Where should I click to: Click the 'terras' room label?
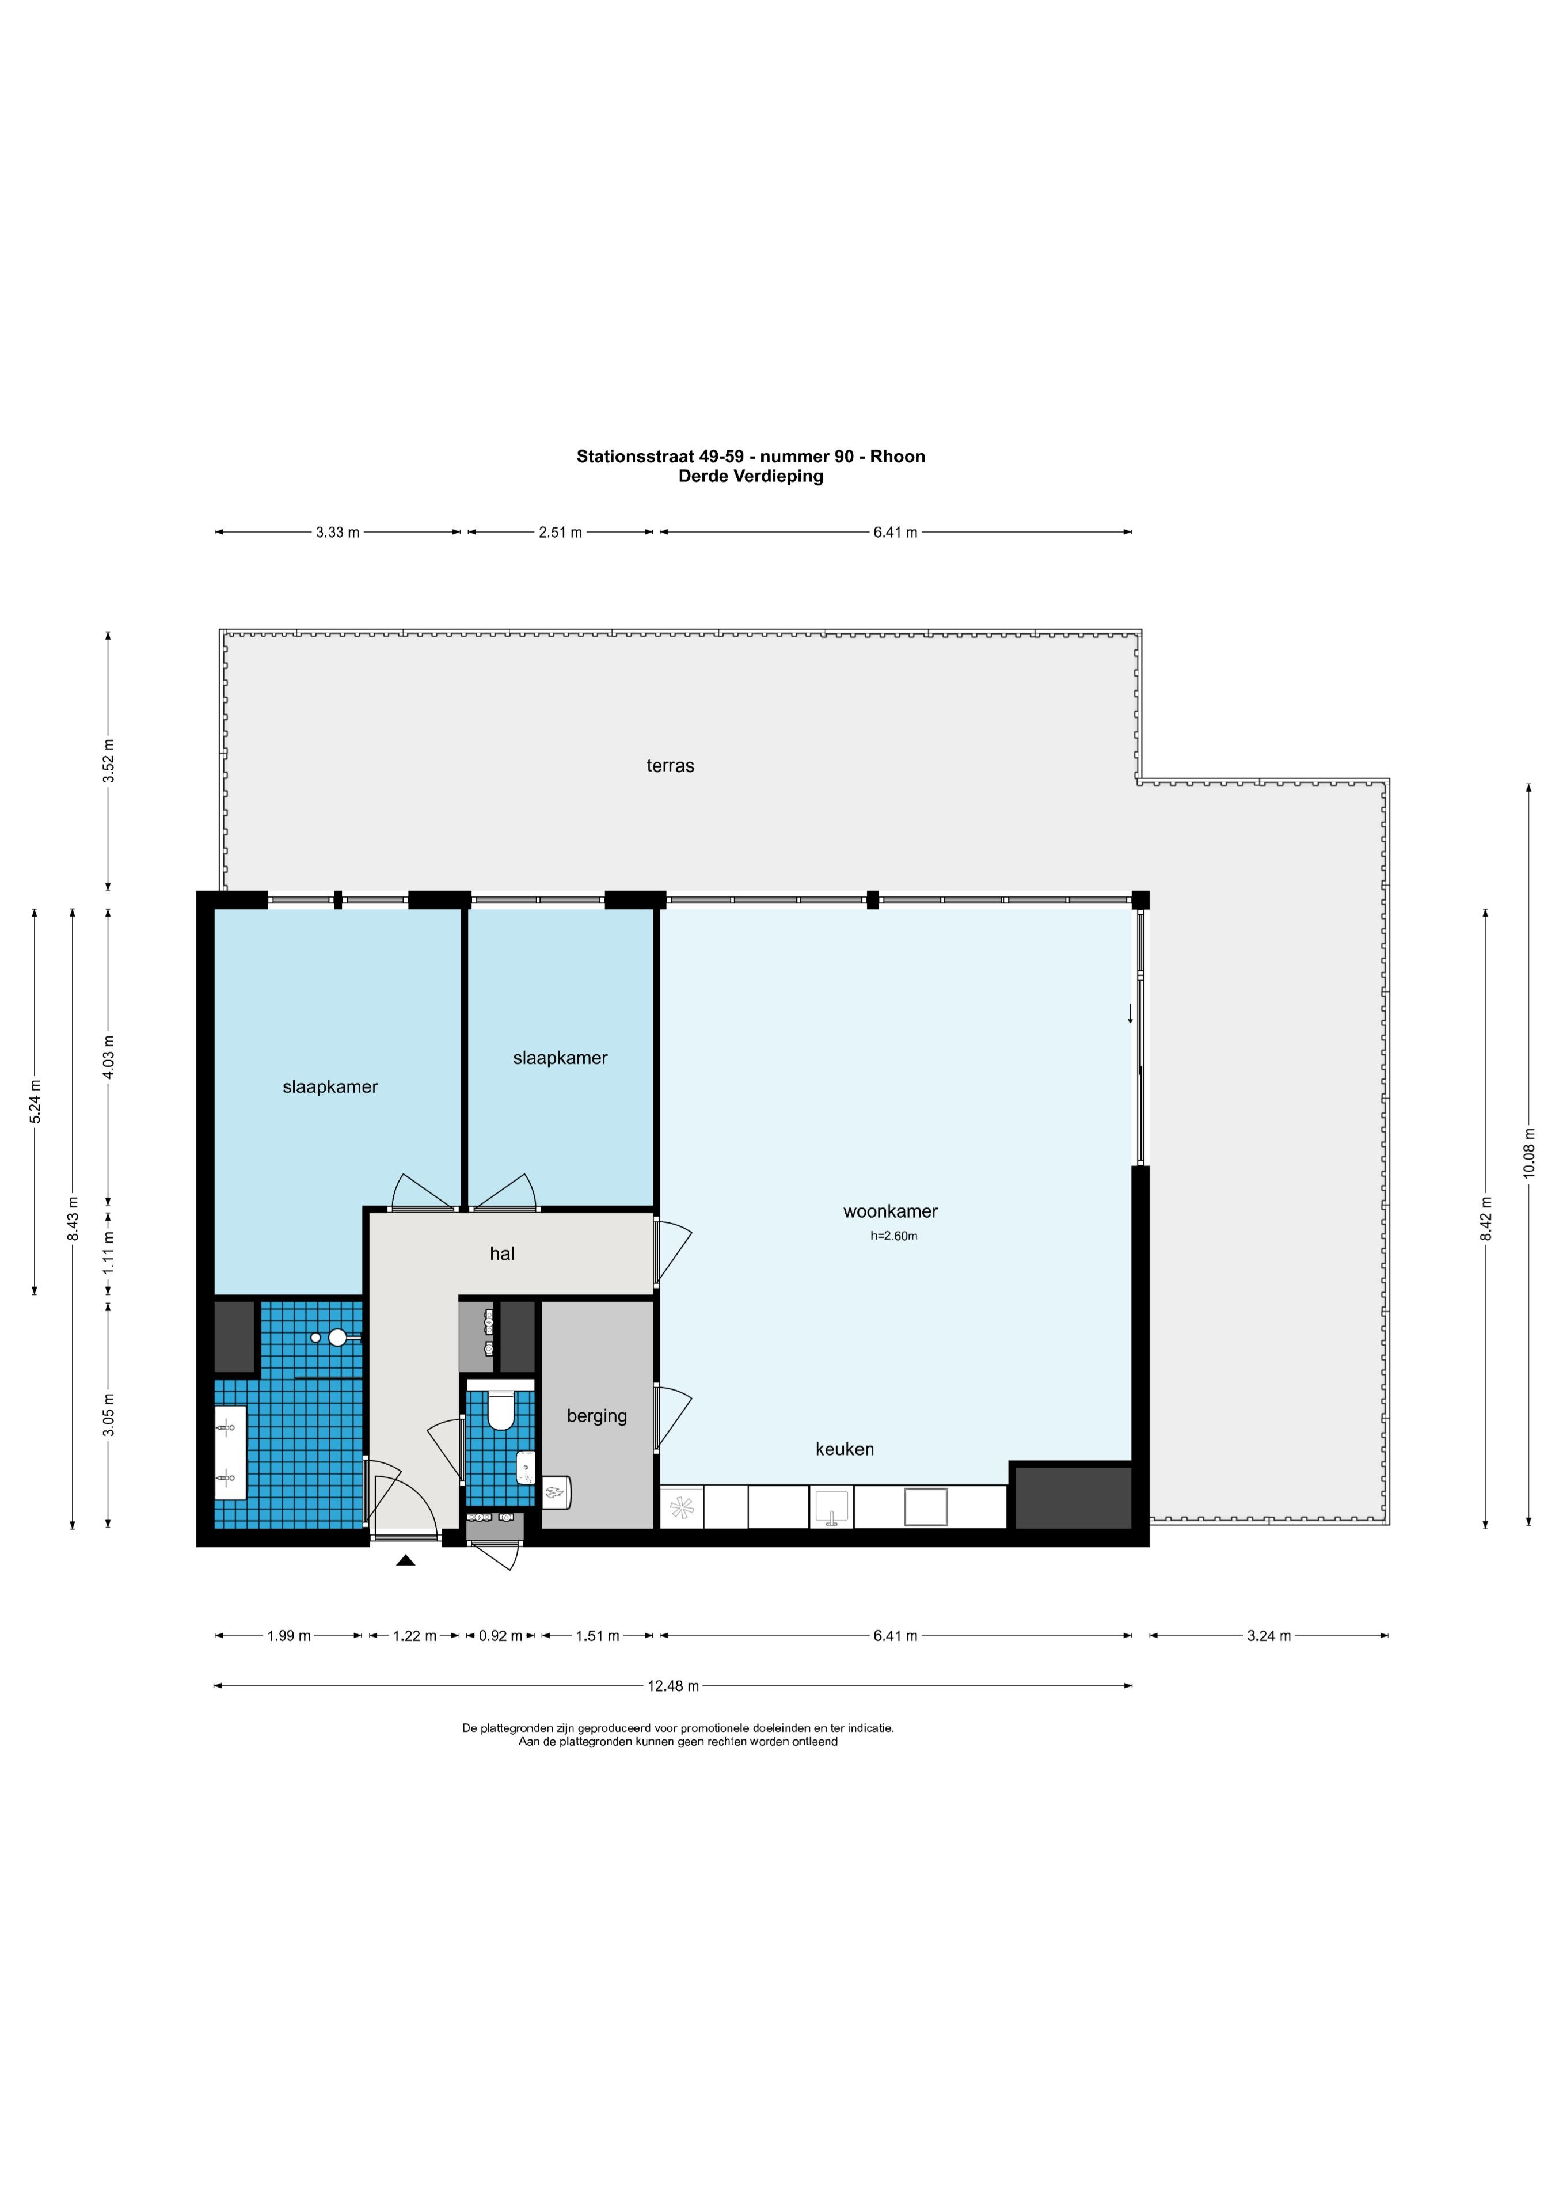[670, 766]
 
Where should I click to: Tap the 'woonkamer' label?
[890, 1213]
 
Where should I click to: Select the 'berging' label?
[597, 1416]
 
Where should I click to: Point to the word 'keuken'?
[845, 1449]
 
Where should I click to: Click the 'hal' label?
[502, 1254]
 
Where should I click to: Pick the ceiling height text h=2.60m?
[893, 1236]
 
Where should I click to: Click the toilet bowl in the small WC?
[501, 1411]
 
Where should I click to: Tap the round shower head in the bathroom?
[337, 1338]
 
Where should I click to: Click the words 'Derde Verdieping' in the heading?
[751, 476]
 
